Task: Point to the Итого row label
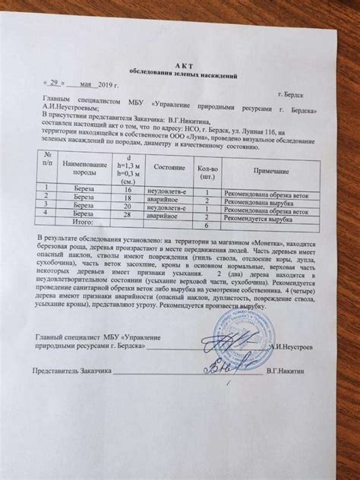coord(89,224)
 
